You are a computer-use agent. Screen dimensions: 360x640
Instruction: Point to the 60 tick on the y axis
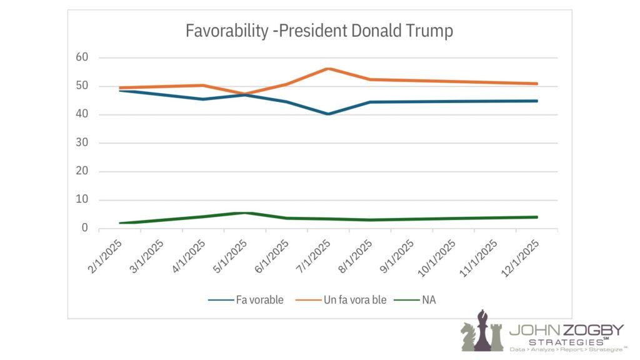click(x=82, y=57)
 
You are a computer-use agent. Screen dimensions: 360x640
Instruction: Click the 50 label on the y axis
click(x=82, y=86)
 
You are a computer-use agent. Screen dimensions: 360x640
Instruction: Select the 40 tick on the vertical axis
click(x=82, y=114)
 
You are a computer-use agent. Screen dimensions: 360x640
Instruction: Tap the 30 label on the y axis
click(x=82, y=143)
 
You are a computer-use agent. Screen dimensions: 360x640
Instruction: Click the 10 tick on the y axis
click(x=82, y=200)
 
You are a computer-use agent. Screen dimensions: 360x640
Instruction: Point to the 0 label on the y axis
click(x=85, y=229)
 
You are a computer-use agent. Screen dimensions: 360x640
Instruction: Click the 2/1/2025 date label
click(x=104, y=253)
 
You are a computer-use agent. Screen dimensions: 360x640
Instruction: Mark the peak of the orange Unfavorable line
click(x=328, y=69)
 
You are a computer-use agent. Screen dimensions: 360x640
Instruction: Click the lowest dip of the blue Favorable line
click(x=328, y=114)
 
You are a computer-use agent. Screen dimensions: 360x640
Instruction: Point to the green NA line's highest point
click(x=244, y=212)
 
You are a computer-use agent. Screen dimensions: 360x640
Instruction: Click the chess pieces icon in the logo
click(x=481, y=331)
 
